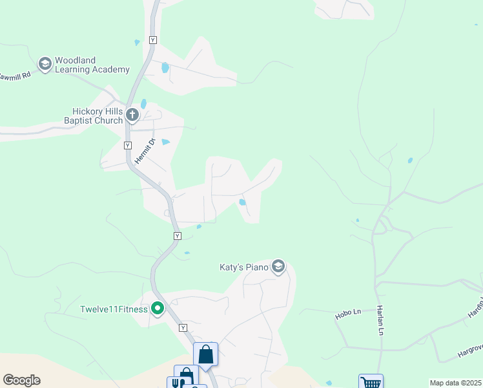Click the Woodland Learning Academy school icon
45,64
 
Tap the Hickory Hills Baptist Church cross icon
132,116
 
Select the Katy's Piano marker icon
278,266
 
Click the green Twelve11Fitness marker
157,309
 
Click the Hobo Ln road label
347,314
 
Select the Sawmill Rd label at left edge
15,76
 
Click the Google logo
21,380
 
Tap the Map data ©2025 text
455,383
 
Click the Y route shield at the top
153,40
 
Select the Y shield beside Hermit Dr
127,145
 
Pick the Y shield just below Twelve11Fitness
183,328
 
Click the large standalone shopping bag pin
205,354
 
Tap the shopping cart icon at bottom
371,382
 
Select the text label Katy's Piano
243,266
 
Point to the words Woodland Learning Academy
92,65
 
